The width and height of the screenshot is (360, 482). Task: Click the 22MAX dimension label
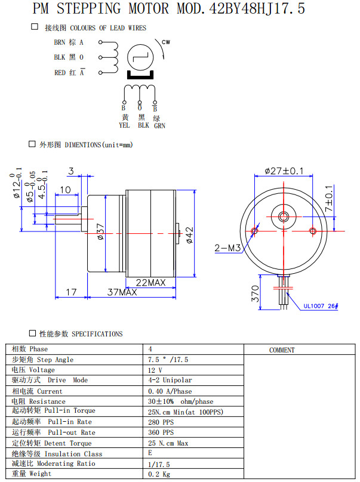[x=149, y=282]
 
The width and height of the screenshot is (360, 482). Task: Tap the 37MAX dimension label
[x=123, y=293]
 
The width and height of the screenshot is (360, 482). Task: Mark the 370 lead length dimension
[x=256, y=294]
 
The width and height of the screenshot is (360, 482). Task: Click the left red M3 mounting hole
[x=255, y=230]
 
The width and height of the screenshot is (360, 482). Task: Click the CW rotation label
[x=166, y=42]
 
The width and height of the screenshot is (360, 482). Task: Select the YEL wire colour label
[x=124, y=125]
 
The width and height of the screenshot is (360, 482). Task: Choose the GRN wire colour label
[x=159, y=125]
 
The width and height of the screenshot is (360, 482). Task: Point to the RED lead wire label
[x=60, y=73]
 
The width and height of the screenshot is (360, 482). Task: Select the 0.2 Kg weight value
[x=159, y=474]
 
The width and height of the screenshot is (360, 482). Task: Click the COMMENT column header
[x=282, y=350]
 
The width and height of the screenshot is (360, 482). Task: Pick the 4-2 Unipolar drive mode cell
[x=170, y=380]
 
